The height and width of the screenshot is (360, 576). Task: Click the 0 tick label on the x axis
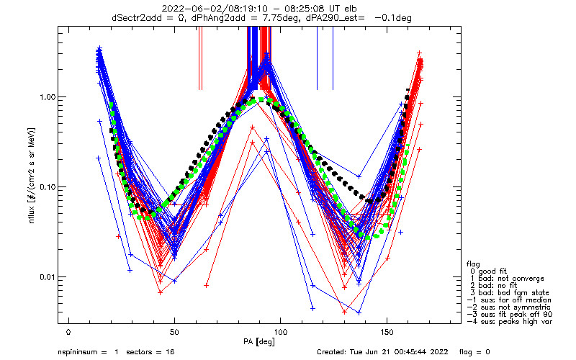point(68,333)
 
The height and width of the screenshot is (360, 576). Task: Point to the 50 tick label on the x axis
point(174,333)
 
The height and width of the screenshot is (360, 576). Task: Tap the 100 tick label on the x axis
point(280,333)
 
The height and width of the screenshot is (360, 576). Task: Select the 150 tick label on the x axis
point(387,333)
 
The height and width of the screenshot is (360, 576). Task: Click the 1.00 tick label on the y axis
point(48,97)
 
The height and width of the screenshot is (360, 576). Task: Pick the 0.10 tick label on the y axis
point(48,187)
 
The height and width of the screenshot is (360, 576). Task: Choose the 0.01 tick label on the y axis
point(48,277)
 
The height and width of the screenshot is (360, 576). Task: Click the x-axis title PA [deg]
point(259,342)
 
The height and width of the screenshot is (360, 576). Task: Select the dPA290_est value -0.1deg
point(393,18)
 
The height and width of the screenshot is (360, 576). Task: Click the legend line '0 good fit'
point(488,271)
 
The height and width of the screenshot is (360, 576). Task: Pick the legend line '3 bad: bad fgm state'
point(510,293)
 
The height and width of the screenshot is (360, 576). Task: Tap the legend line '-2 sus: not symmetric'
point(509,307)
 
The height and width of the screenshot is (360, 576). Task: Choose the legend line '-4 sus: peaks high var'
point(510,322)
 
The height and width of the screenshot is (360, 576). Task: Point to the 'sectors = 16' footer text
point(150,352)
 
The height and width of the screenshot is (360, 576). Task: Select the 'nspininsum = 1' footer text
point(88,352)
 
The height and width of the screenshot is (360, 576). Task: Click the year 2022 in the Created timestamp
point(439,352)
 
